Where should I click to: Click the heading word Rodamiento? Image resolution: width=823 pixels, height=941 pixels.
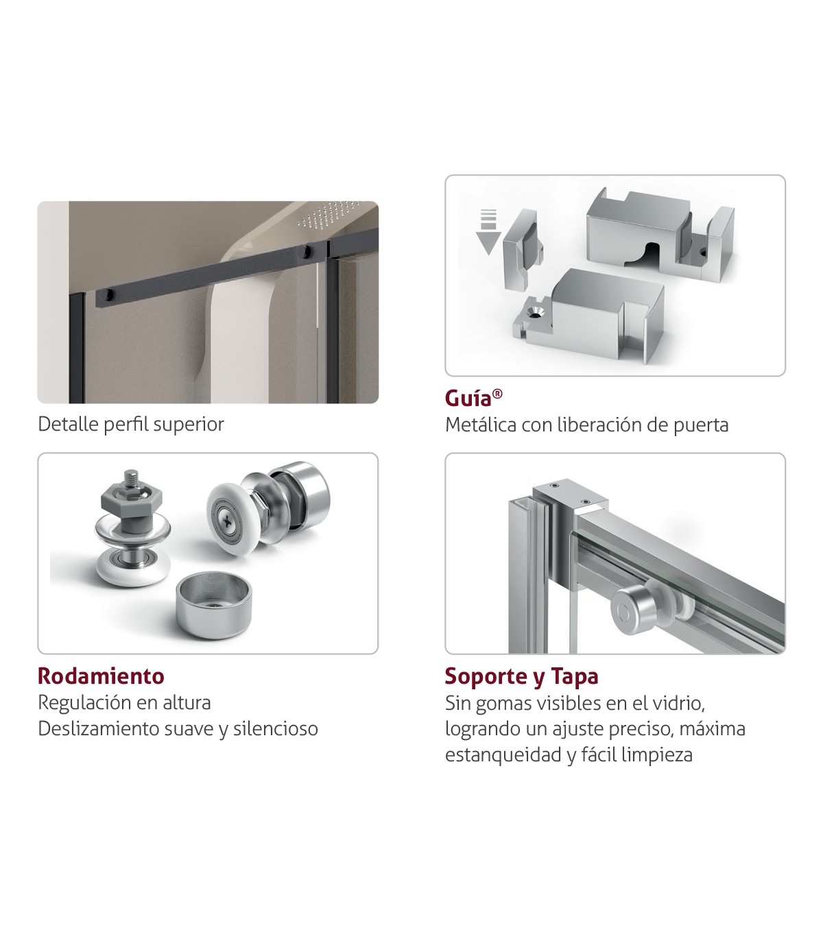tap(101, 676)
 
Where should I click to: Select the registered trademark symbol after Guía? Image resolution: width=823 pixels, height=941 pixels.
tap(497, 394)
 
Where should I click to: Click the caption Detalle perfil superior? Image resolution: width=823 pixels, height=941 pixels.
tap(131, 425)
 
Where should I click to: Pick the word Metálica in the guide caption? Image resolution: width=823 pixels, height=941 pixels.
tap(481, 425)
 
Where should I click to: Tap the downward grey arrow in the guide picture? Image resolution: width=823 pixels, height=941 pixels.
tap(488, 232)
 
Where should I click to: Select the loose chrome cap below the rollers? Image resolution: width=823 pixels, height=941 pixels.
tap(214, 604)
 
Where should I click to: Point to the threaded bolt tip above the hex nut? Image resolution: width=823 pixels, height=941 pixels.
tap(132, 478)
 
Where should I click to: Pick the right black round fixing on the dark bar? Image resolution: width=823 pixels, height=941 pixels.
tap(307, 251)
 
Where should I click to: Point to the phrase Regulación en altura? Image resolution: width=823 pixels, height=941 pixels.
tap(125, 703)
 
